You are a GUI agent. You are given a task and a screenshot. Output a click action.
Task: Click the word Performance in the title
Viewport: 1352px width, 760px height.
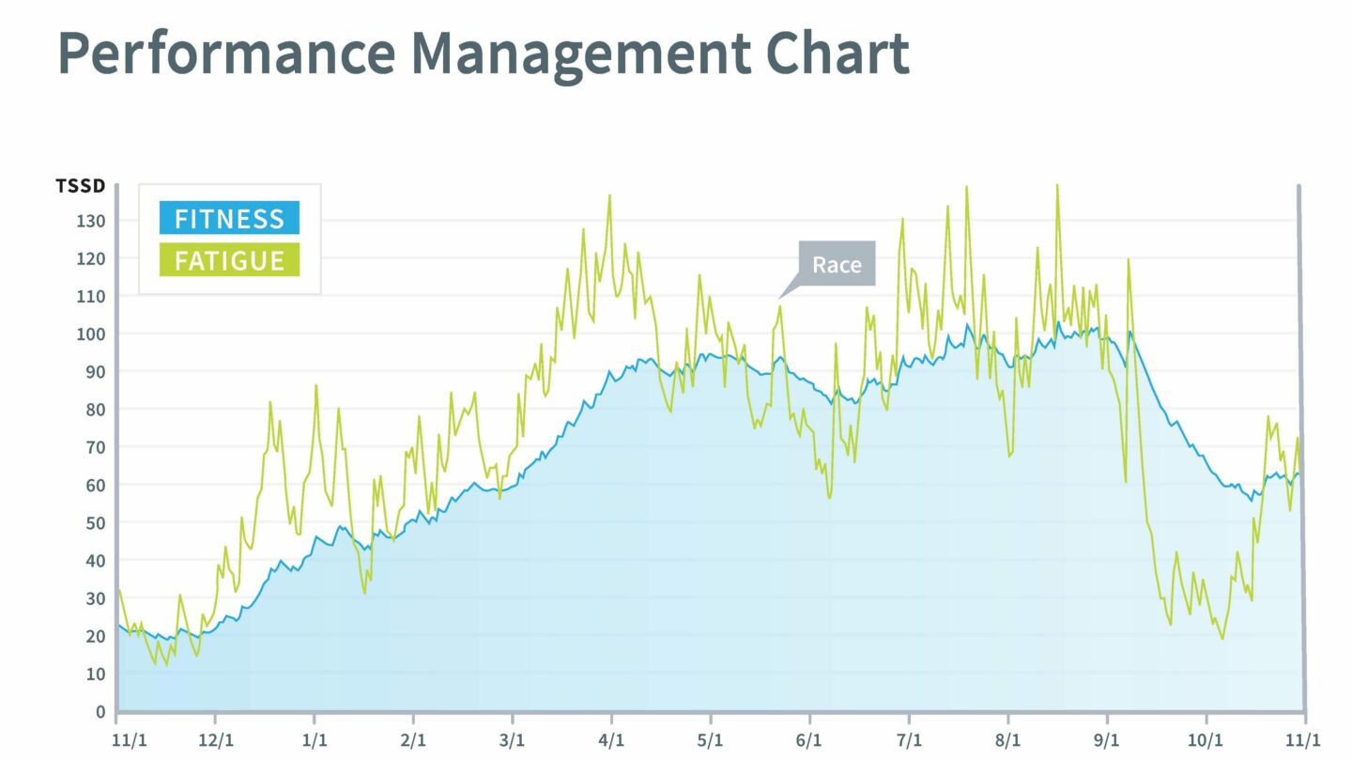(x=225, y=54)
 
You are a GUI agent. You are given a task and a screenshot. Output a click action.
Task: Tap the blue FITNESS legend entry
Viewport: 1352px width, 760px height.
(x=229, y=218)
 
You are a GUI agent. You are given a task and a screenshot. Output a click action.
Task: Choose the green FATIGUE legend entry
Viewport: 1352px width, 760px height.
(x=229, y=259)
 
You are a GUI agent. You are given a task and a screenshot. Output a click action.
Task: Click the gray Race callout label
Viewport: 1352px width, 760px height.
(x=837, y=264)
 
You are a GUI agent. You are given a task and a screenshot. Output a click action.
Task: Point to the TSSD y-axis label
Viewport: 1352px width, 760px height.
(x=81, y=186)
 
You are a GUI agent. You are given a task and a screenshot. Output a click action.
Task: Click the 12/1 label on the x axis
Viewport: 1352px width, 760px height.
(x=215, y=739)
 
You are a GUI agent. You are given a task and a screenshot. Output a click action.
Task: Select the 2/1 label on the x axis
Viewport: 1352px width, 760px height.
(x=413, y=739)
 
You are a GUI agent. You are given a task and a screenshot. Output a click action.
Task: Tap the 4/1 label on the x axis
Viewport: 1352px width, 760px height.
(x=611, y=739)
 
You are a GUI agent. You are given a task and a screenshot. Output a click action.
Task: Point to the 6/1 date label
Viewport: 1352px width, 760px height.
(x=809, y=739)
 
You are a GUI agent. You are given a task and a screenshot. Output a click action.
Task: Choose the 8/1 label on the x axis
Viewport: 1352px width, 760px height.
(x=1007, y=739)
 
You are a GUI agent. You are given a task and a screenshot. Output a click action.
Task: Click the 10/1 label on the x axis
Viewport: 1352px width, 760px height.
(x=1206, y=739)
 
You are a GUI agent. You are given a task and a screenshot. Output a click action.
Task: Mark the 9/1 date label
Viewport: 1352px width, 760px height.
(x=1107, y=739)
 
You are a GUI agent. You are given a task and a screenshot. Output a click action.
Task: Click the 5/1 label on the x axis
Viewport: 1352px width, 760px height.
(x=711, y=739)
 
